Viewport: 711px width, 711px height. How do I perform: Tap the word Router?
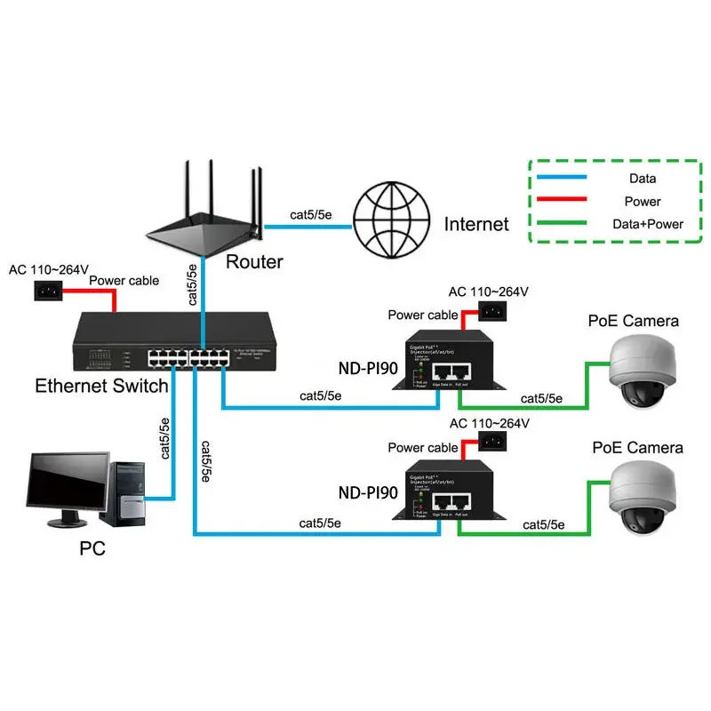[x=254, y=262]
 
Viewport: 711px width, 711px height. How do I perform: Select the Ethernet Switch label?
[x=101, y=386]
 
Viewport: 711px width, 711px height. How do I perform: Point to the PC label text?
[x=92, y=548]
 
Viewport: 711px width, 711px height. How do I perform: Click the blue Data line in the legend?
[x=559, y=178]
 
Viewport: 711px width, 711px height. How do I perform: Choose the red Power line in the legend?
[x=559, y=201]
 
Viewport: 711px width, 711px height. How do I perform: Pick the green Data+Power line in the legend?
[x=559, y=224]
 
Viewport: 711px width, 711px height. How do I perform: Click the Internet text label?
[x=476, y=224]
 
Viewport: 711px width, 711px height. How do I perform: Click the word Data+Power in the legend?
[x=648, y=224]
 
